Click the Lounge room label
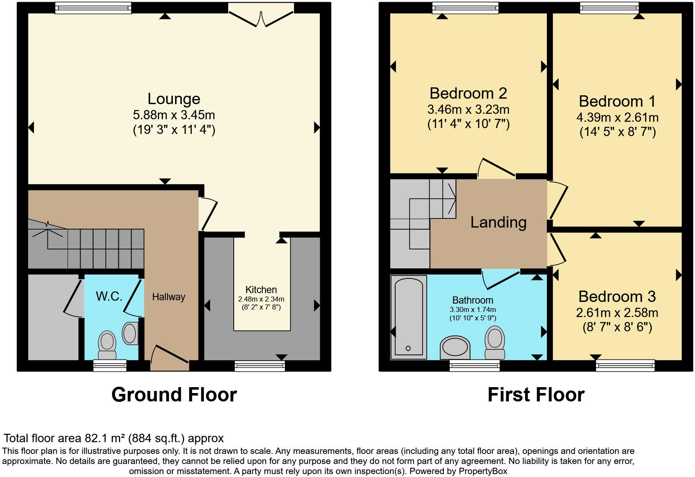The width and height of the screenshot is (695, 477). point(174,99)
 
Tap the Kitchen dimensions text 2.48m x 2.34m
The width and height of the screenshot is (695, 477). point(261,299)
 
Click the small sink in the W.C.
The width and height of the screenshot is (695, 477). point(130,333)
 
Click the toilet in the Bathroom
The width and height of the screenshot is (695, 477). point(495,343)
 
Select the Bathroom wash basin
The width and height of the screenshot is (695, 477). point(455,348)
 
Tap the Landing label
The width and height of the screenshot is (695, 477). point(498,222)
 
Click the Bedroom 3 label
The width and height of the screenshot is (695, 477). point(617,296)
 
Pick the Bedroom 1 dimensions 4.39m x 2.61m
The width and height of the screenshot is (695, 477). point(617,118)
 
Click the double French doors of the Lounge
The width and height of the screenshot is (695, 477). point(261,17)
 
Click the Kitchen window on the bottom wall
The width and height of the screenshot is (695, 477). point(260,366)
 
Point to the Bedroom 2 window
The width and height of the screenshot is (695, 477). point(465,8)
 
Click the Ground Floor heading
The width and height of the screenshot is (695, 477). point(174,395)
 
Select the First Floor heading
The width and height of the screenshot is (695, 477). point(536,395)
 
